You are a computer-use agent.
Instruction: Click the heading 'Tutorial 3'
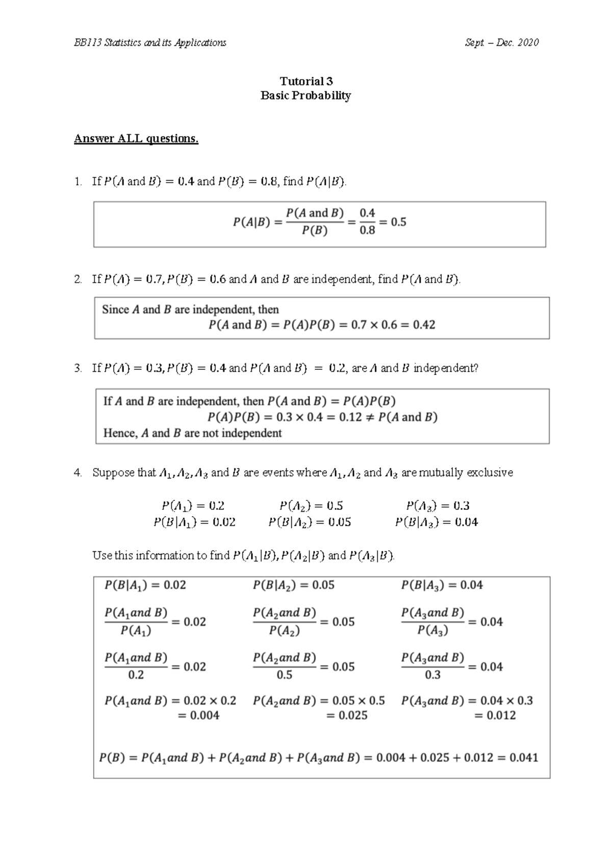coord(306,81)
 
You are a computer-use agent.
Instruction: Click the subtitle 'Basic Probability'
coord(305,96)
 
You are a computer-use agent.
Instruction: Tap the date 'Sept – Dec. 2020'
coord(501,43)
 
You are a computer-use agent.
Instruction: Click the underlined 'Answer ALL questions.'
coord(136,139)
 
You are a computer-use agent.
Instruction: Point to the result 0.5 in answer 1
coord(398,222)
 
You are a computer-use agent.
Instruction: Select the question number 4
coord(78,473)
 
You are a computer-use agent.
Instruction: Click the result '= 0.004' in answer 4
coord(199,716)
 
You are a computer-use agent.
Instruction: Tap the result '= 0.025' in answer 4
coord(347,716)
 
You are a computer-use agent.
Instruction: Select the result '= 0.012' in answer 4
coord(495,716)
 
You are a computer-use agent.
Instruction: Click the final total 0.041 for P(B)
coord(521,758)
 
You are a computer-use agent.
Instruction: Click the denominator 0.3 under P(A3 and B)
coord(432,675)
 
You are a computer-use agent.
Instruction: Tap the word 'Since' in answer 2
coord(115,310)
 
